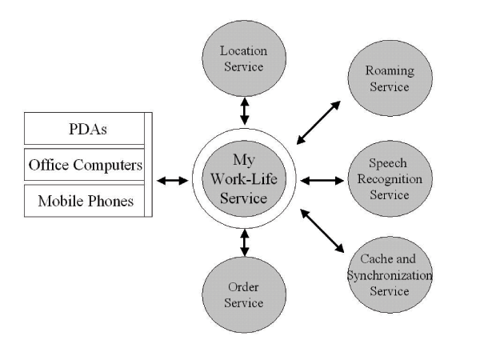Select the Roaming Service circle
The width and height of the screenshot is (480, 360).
coord(390,77)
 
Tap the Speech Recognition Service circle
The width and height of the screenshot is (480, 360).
coord(390,181)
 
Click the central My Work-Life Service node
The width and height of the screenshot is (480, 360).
coord(243,181)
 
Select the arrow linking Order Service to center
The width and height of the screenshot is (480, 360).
coord(243,241)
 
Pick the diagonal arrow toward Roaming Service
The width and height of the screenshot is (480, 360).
coord(318,122)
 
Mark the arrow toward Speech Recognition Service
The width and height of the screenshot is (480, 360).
coord(322,181)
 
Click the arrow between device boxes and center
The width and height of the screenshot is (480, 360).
coord(172,181)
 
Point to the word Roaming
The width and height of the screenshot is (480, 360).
coord(390,70)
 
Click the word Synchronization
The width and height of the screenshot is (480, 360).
coord(390,274)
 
